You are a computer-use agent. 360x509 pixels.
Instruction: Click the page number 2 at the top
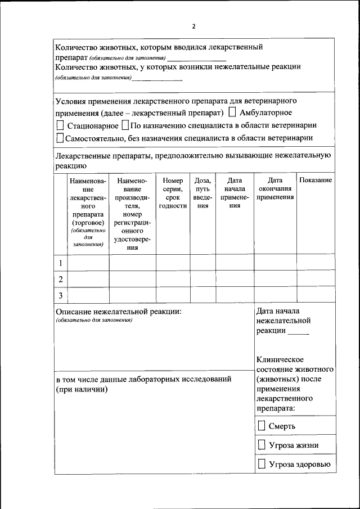pyautogui.click(x=194, y=26)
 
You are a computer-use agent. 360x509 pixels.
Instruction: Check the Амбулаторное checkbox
pyautogui.click(x=232, y=112)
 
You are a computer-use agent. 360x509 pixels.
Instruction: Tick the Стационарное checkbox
pyautogui.click(x=60, y=125)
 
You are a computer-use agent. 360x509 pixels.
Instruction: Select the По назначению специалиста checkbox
pyautogui.click(x=125, y=125)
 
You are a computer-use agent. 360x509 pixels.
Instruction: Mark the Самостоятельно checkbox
pyautogui.click(x=60, y=137)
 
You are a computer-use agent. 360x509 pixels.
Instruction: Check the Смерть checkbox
pyautogui.click(x=262, y=426)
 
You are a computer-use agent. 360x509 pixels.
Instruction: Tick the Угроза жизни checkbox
pyautogui.click(x=262, y=445)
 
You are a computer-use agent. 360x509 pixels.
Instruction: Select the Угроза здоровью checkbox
pyautogui.click(x=262, y=464)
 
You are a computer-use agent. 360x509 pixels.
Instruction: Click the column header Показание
pyautogui.click(x=316, y=180)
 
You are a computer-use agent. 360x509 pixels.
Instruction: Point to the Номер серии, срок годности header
pyautogui.click(x=173, y=193)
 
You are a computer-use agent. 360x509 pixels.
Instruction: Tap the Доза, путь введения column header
pyautogui.click(x=202, y=193)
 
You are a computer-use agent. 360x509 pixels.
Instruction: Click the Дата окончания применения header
pyautogui.click(x=275, y=188)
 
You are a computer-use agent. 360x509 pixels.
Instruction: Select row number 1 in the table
pyautogui.click(x=60, y=263)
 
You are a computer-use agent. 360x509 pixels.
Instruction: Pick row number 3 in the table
pyautogui.click(x=60, y=295)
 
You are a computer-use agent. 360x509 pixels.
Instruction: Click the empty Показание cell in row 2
pyautogui.click(x=316, y=279)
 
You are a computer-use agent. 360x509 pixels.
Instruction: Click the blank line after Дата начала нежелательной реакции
pyautogui.click(x=298, y=334)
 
